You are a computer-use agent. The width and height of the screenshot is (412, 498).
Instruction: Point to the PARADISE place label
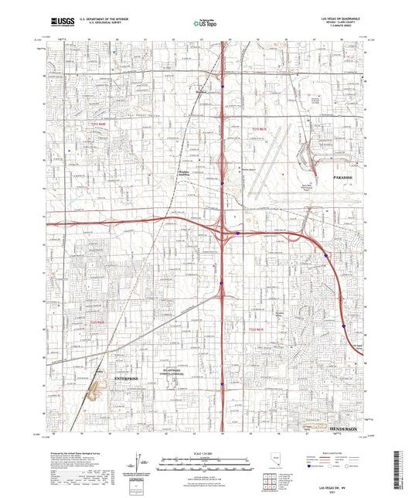pos(346,179)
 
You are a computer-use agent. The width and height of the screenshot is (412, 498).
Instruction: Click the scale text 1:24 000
pos(206,452)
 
